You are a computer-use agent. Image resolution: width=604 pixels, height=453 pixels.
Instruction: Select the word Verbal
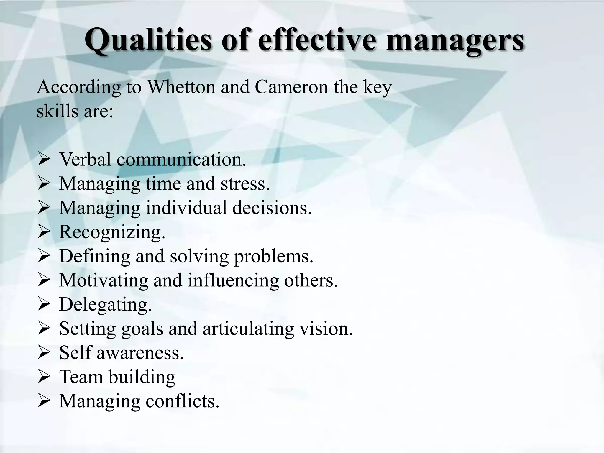coord(85,159)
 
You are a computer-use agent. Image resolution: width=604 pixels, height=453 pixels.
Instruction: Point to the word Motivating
coord(104,280)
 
